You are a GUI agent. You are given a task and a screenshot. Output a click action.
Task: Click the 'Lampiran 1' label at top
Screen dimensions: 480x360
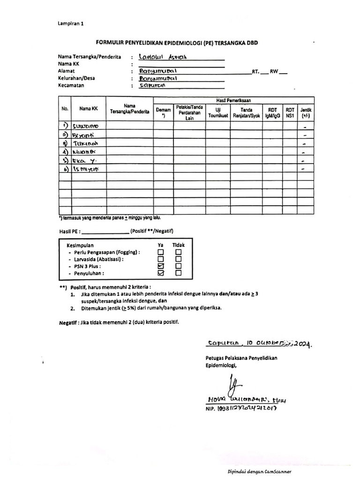[71, 23]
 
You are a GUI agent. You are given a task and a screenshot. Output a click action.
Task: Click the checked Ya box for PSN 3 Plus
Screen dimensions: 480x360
[161, 266]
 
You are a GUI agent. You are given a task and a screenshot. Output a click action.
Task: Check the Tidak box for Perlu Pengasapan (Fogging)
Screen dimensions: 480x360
[178, 252]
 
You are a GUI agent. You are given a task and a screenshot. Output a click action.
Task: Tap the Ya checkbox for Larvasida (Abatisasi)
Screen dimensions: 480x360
[161, 259]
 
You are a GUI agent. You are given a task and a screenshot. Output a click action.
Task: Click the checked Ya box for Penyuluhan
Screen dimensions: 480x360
[161, 273]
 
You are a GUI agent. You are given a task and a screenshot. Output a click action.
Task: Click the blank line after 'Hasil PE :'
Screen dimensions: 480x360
[105, 231]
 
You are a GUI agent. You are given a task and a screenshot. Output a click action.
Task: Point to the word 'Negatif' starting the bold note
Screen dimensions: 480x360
[68, 322]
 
